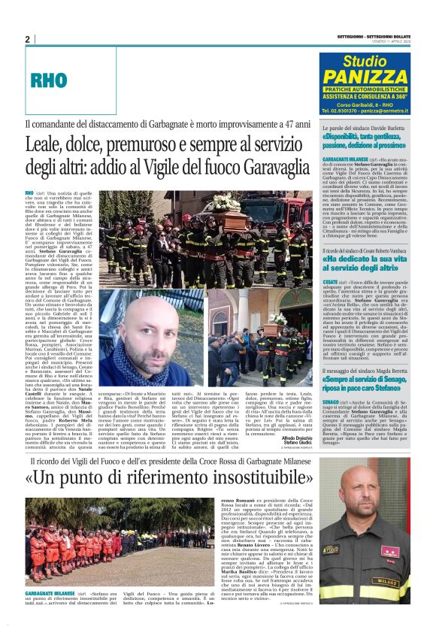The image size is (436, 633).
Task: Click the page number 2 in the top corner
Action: pyautogui.click(x=27, y=39)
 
